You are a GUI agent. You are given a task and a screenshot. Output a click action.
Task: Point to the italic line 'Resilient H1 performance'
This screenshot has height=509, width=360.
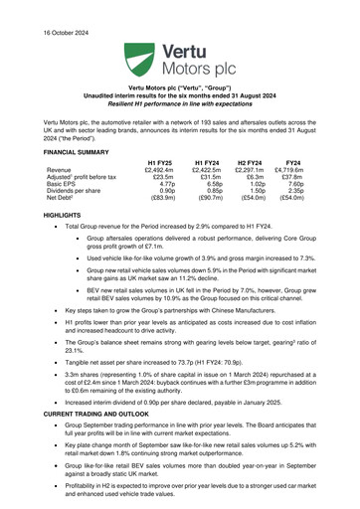point(180,103)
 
